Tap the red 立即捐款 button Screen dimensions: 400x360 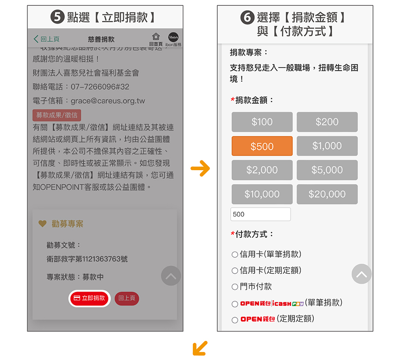[89, 298]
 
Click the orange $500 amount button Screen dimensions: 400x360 [262, 146]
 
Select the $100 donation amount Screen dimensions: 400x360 [262, 122]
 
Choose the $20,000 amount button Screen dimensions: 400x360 [327, 194]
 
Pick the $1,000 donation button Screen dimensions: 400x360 [327, 146]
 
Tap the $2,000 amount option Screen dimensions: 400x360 [262, 170]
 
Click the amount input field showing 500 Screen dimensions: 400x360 [260, 214]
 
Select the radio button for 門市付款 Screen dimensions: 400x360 [235, 287]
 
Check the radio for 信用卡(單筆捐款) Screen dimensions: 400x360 [235, 254]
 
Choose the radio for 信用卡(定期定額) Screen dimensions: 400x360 [235, 271]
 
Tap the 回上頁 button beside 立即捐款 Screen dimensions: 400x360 [127, 298]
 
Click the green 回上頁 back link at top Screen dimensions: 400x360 [46, 39]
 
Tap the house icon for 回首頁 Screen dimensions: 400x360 [156, 36]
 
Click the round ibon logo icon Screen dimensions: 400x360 [173, 37]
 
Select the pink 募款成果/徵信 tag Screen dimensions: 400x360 [56, 115]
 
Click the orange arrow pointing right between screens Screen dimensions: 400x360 [200, 168]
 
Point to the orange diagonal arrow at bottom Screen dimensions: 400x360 [200, 348]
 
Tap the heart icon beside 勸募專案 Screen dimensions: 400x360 [42, 224]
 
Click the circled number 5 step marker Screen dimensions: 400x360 [57, 17]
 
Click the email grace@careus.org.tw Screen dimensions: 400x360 [108, 101]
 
